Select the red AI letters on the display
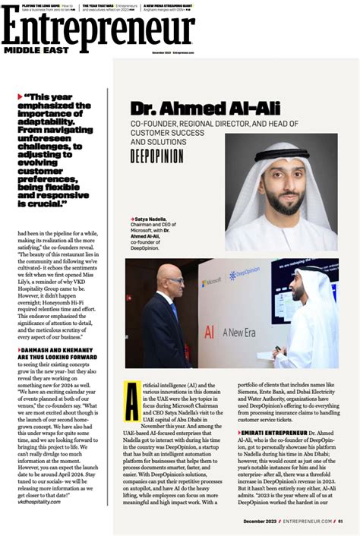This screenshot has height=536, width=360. (209, 333)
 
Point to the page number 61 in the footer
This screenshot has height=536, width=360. (341, 521)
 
